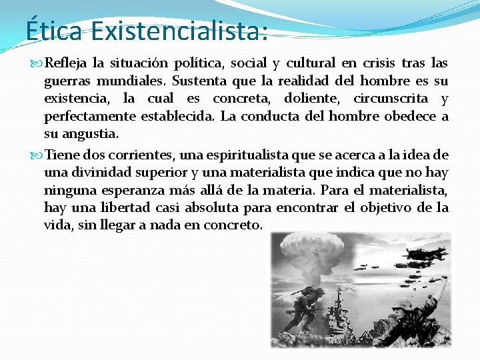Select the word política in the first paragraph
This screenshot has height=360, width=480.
click(x=200, y=64)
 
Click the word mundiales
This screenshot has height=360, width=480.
click(x=133, y=81)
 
